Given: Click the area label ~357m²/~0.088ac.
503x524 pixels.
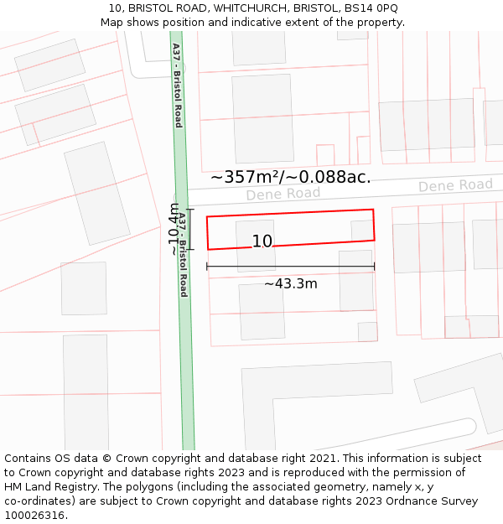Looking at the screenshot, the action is tap(290, 177).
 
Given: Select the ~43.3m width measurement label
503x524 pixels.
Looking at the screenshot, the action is tap(290, 283).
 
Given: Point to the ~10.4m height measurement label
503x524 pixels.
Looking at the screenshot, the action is tap(174, 229).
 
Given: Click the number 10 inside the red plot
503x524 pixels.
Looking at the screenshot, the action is tap(262, 241).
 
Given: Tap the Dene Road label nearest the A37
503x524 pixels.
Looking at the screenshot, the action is tap(283, 194).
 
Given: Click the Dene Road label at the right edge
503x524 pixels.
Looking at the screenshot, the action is tap(455, 185).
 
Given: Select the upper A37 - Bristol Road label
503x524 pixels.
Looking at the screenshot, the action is tap(177, 85).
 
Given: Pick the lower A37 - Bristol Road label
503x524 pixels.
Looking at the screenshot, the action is tap(182, 254).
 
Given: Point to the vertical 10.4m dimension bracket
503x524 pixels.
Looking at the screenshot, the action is tap(190, 229).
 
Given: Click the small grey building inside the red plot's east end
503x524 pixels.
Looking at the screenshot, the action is tap(360, 231).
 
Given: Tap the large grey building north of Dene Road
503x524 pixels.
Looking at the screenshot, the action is tap(262, 118).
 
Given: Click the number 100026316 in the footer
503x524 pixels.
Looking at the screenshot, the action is tap(34, 515).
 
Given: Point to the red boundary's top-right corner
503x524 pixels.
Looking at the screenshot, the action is tap(372, 210).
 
